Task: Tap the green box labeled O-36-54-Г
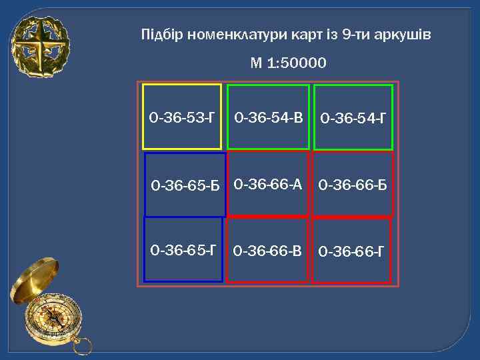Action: (x=353, y=117)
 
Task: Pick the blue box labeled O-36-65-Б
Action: (x=185, y=185)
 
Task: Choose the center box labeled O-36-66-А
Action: (x=268, y=183)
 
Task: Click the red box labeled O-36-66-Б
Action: (x=353, y=184)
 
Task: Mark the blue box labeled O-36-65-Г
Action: (x=183, y=249)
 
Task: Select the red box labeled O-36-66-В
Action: (x=267, y=250)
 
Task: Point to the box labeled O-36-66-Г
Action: (x=351, y=251)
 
